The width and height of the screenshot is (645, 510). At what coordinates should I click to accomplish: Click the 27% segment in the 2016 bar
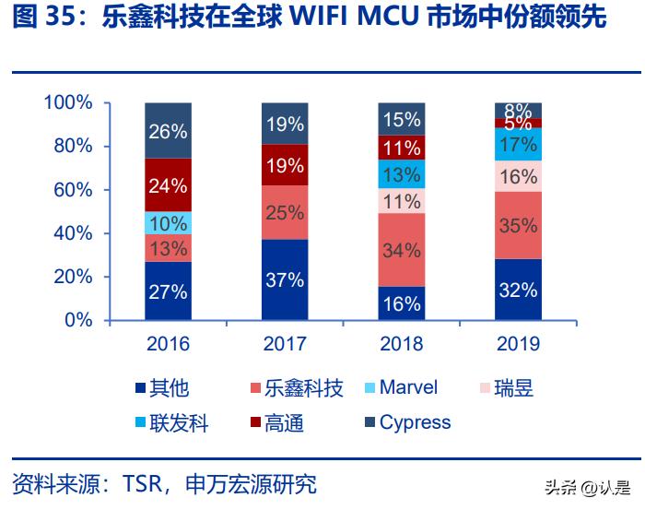coord(168,291)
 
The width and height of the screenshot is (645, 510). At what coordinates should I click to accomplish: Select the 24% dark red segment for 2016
coord(168,185)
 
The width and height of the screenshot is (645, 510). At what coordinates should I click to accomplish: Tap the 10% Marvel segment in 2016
coord(168,223)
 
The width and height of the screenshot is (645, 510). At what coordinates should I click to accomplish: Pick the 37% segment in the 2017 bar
coord(285,280)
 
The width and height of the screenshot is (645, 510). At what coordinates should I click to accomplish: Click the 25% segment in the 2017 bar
coord(285,213)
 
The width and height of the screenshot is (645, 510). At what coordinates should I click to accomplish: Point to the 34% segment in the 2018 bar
coord(401,250)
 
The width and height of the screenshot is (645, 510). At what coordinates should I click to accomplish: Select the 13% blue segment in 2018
coord(401,174)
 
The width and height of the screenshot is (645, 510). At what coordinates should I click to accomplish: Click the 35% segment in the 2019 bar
coord(518,226)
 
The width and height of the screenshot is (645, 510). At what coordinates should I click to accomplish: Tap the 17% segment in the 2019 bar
coord(518,145)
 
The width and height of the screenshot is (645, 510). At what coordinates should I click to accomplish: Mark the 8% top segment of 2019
coord(518,111)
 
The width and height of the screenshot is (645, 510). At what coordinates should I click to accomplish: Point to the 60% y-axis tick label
coord(72,190)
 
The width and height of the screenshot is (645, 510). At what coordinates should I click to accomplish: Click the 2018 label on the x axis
coord(401,344)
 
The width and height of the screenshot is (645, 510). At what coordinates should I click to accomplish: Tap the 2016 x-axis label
coord(168,344)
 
